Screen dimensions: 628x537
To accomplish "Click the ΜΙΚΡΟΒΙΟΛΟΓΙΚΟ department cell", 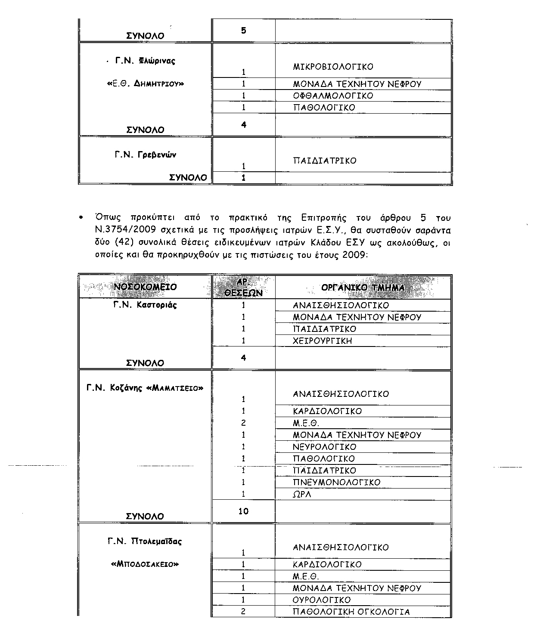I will point(333,67).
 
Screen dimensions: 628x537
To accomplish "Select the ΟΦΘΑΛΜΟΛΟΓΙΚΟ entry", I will point(333,96).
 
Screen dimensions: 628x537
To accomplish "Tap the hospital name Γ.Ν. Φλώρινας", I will point(145,61).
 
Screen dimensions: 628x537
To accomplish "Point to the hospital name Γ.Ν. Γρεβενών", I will point(145,155).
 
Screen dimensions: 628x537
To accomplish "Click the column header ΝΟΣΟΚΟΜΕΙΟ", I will point(145,287).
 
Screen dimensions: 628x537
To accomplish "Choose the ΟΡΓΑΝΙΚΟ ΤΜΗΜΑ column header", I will point(363,287).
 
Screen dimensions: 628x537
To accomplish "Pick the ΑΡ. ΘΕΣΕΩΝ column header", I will point(244,287).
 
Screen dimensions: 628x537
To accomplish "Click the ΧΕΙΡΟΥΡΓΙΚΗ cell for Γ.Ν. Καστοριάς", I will point(323,341).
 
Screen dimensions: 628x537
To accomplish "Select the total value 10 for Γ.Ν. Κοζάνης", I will point(244,511).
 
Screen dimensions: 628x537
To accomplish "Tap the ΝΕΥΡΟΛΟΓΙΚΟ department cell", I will point(325,447).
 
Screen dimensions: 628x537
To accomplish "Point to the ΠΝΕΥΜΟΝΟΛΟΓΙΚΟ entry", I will point(337,483).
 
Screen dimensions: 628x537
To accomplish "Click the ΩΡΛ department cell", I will point(302,495).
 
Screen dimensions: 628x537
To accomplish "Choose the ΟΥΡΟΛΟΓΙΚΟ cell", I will point(322,600).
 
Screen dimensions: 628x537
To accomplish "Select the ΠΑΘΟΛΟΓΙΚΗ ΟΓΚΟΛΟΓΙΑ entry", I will point(351,612).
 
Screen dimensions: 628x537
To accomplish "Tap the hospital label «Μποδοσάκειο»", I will point(145,564).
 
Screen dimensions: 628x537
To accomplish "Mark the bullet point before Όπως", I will point(81,218).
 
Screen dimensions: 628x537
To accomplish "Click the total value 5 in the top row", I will point(244,31).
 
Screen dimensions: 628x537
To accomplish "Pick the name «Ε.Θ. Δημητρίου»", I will point(145,84).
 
